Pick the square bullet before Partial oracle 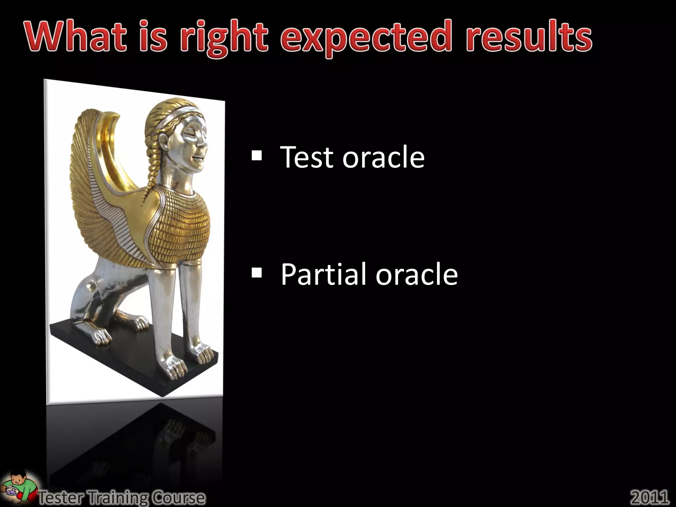click(256, 273)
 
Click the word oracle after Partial click(417, 275)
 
